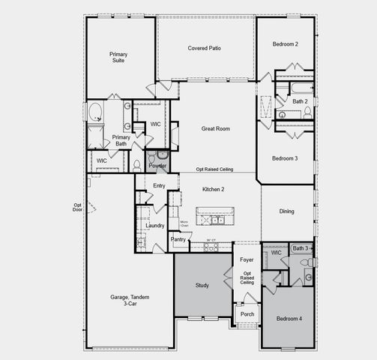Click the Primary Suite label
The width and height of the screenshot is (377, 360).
tap(118, 57)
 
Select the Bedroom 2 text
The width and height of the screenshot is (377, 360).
tap(286, 44)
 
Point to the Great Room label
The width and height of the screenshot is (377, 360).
tap(215, 129)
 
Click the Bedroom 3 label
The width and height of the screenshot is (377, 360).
tap(286, 158)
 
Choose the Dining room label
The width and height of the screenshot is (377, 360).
tap(287, 211)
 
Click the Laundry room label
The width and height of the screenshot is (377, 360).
tap(155, 225)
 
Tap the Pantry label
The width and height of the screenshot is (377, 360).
tap(178, 240)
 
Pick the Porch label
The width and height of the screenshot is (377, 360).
tap(247, 313)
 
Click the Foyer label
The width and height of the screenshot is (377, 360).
tap(247, 259)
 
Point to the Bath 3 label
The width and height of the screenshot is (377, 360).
tap(300, 248)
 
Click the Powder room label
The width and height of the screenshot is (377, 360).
tap(157, 166)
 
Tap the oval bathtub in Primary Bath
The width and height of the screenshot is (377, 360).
tap(95, 113)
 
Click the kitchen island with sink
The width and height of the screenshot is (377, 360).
tap(216, 218)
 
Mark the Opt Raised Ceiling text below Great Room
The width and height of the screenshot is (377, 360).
tap(215, 169)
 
